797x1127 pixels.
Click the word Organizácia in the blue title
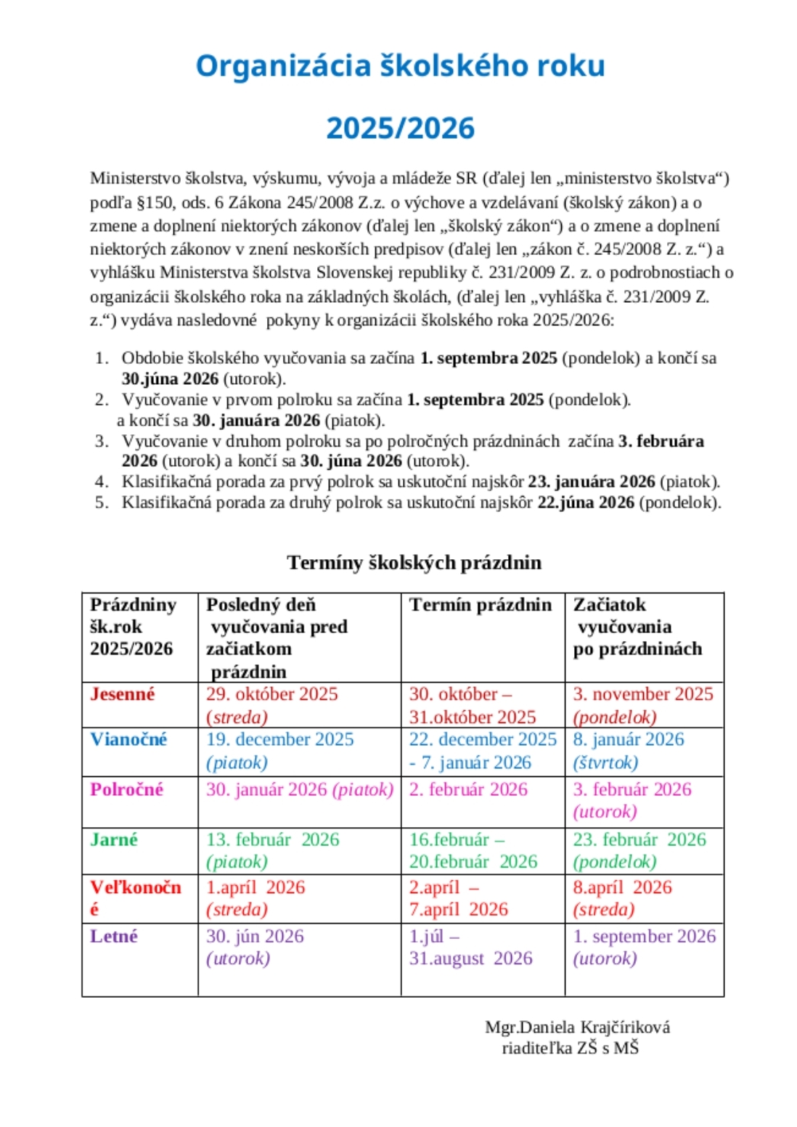pyautogui.click(x=284, y=66)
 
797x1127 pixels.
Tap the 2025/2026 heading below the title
pyautogui.click(x=400, y=129)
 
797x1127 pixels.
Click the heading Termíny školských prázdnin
pyautogui.click(x=414, y=563)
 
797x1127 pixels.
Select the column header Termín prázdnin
pyautogui.click(x=481, y=605)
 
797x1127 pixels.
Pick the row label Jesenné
pyautogui.click(x=123, y=694)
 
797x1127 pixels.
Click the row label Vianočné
pyautogui.click(x=128, y=739)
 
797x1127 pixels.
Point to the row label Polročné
pyautogui.click(x=126, y=789)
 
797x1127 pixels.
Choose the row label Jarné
pyautogui.click(x=114, y=839)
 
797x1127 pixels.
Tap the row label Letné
pyautogui.click(x=114, y=936)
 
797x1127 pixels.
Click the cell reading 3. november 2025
pyautogui.click(x=643, y=694)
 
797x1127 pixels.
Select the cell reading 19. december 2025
pyautogui.click(x=280, y=739)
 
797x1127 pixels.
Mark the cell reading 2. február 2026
pyautogui.click(x=468, y=789)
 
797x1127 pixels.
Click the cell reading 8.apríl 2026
pyautogui.click(x=622, y=887)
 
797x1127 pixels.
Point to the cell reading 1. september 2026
pyautogui.click(x=645, y=936)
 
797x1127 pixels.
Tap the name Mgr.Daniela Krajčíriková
pyautogui.click(x=577, y=1027)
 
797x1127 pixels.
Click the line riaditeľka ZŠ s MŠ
pyautogui.click(x=571, y=1048)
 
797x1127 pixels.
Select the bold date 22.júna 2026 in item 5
pyautogui.click(x=585, y=503)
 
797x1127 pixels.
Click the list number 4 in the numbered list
pyautogui.click(x=101, y=481)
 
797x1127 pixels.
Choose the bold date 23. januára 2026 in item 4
pyautogui.click(x=591, y=481)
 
